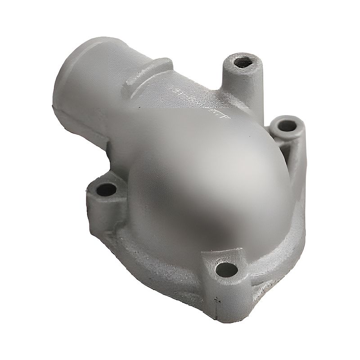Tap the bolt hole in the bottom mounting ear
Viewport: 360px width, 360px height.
click(x=226, y=270)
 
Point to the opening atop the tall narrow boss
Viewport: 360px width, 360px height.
click(x=243, y=62)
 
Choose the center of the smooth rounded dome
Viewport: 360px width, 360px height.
click(x=202, y=180)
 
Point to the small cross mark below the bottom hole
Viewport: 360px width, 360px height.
click(x=218, y=299)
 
